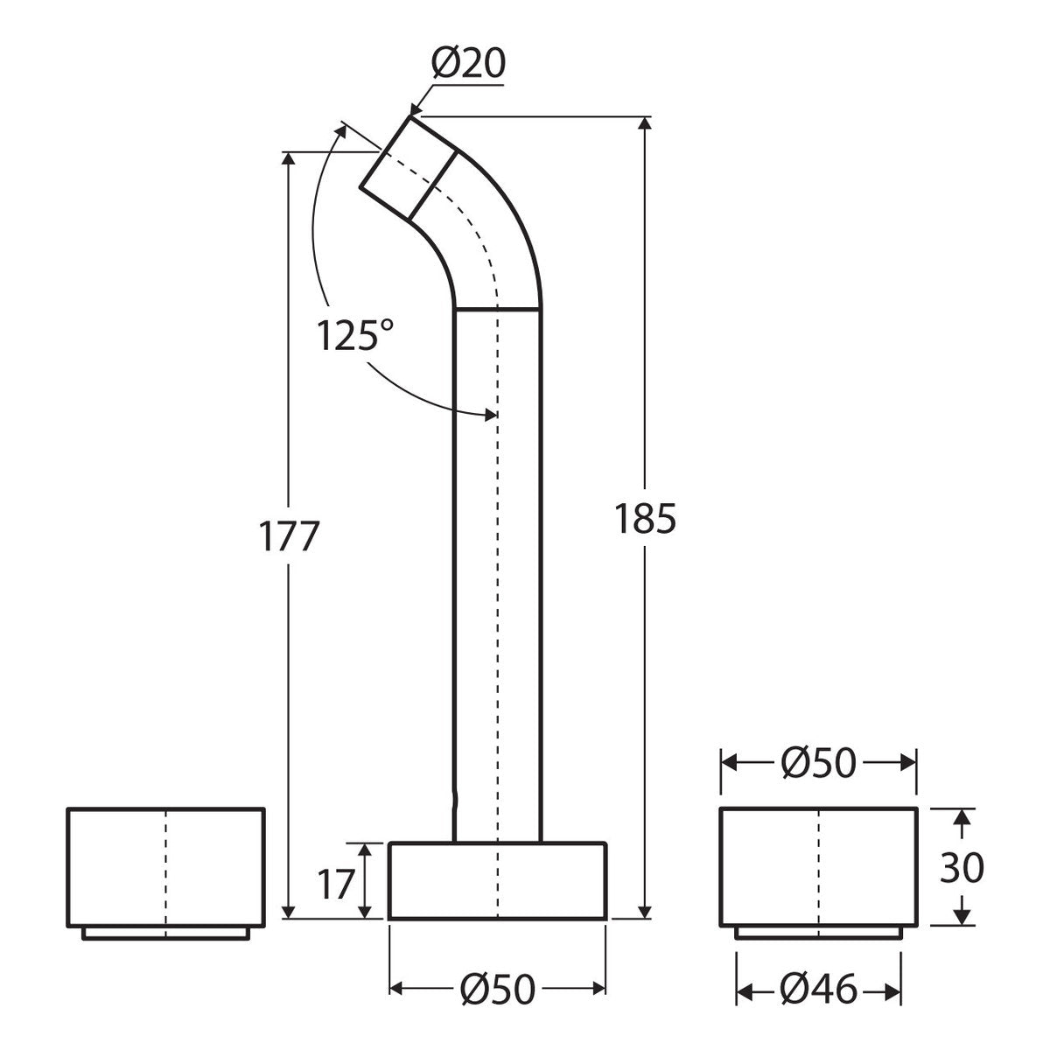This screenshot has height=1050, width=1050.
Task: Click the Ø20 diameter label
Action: [469, 64]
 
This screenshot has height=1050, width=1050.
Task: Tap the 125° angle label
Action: [354, 335]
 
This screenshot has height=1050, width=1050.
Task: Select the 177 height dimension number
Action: [288, 535]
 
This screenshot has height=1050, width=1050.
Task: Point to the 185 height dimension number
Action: [645, 518]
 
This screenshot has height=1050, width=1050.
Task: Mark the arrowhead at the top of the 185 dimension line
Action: [645, 123]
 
